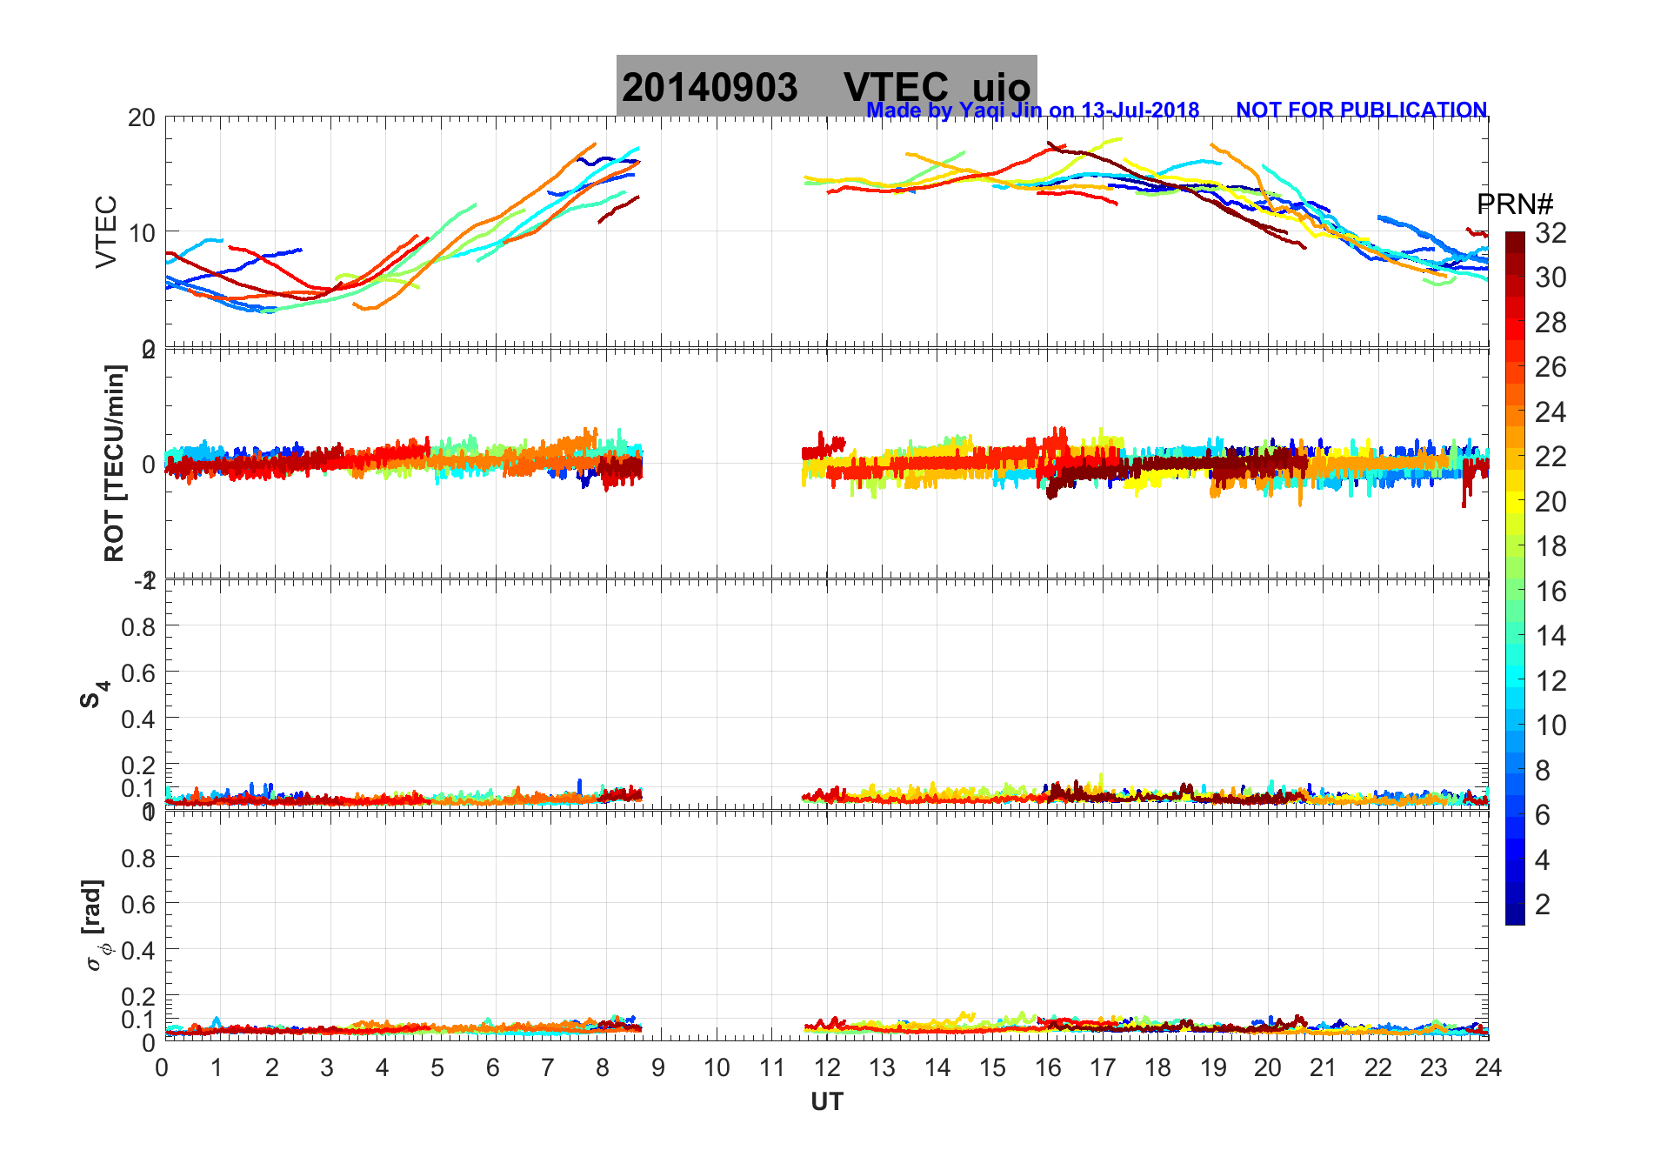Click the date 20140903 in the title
[x=710, y=88]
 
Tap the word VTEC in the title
[x=896, y=88]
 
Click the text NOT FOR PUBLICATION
[x=1361, y=110]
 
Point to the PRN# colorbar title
[x=1515, y=204]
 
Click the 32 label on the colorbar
[x=1551, y=232]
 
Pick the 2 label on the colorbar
[x=1543, y=905]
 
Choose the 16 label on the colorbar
[x=1551, y=592]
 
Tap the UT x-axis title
[x=826, y=1102]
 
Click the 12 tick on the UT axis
[x=827, y=1067]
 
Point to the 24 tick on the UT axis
[x=1488, y=1067]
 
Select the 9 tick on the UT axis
[x=658, y=1067]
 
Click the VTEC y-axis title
[x=106, y=231]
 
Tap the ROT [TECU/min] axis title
[x=114, y=463]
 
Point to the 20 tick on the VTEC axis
[x=142, y=117]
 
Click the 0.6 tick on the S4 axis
[x=138, y=672]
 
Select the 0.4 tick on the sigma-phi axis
[x=138, y=950]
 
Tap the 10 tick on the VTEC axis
[x=142, y=232]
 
